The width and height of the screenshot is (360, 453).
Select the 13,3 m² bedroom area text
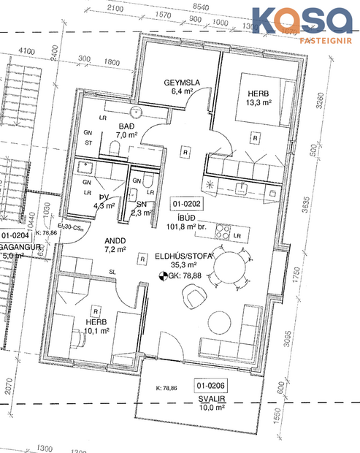(x=258, y=103)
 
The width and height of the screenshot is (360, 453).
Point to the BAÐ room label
(x=126, y=126)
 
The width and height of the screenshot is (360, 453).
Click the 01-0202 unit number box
(x=186, y=203)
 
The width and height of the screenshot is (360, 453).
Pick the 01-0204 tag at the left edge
(x=15, y=235)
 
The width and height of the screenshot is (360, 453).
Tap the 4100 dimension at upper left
(x=27, y=50)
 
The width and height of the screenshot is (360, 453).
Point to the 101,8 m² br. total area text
(x=188, y=226)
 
